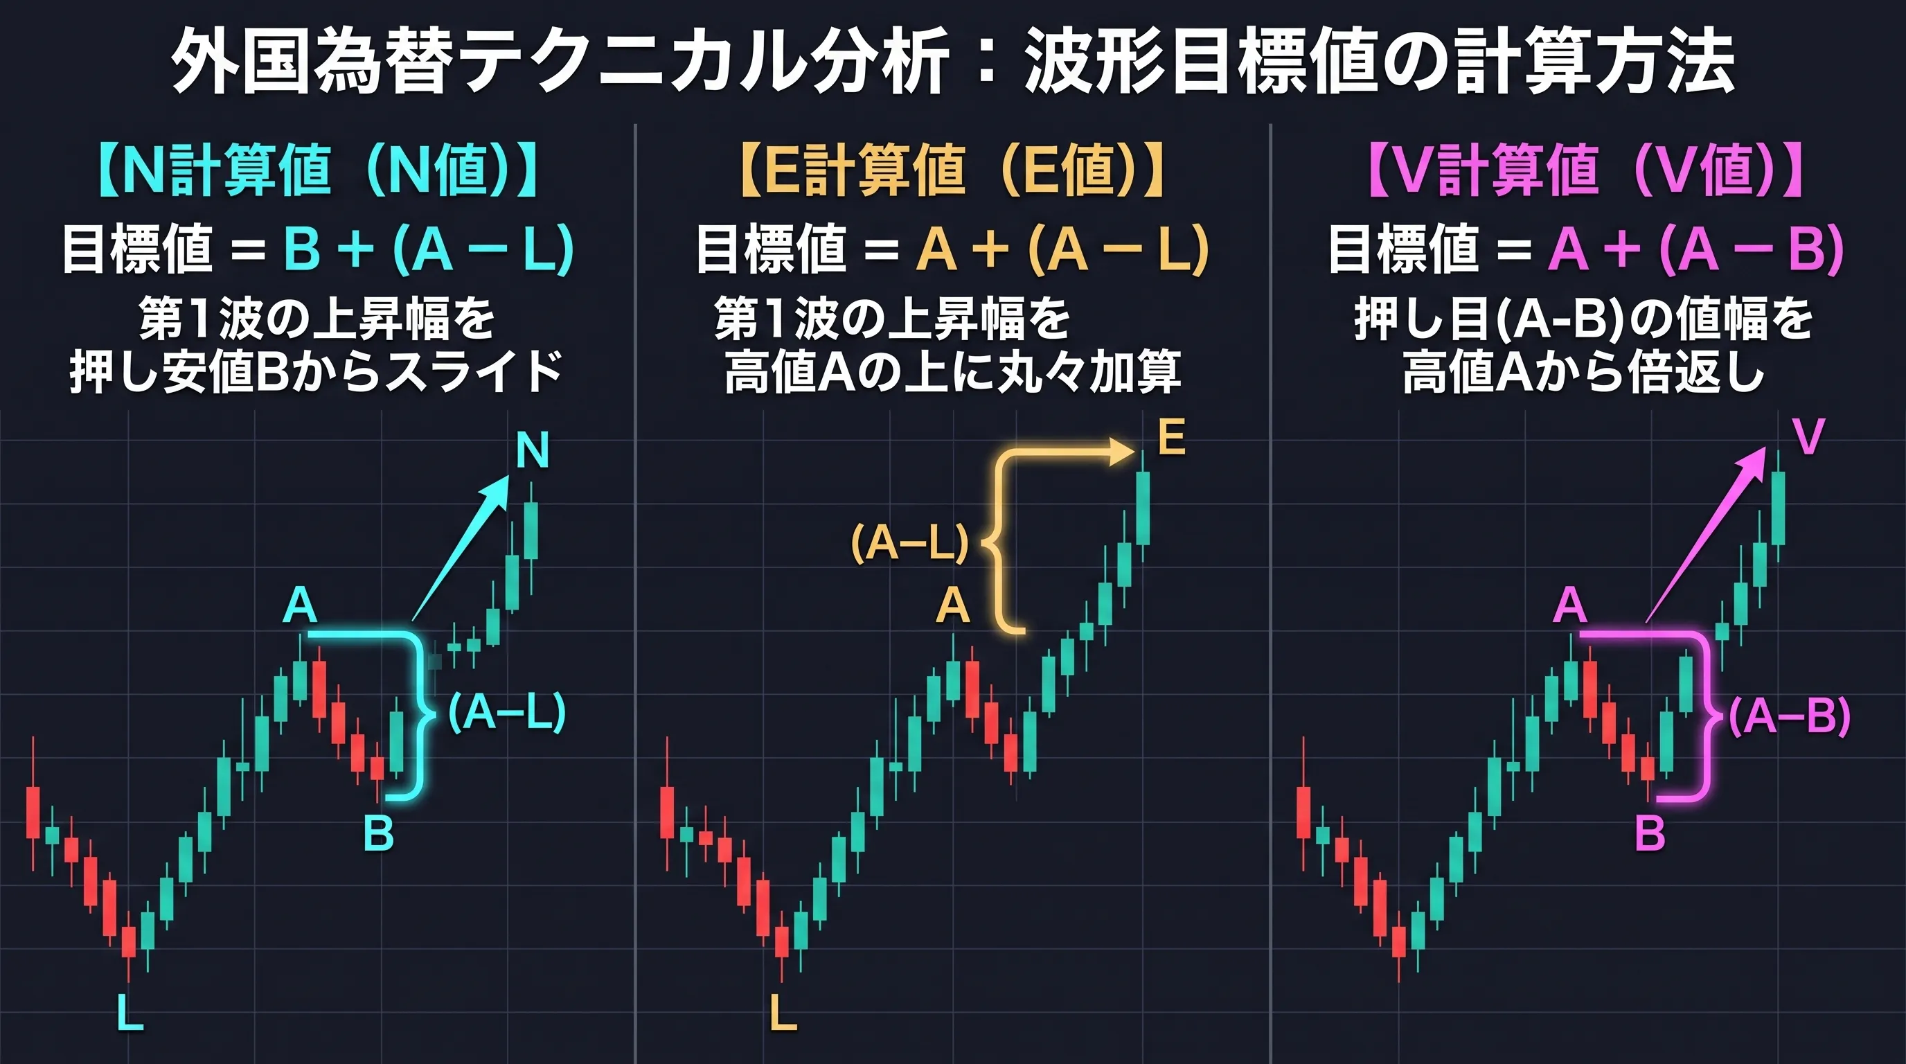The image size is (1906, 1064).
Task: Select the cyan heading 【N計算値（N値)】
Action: coord(317,170)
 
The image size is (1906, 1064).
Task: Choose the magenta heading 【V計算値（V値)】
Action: coord(1585,170)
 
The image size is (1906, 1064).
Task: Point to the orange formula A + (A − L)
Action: coord(1062,249)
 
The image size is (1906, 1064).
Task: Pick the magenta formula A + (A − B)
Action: coord(1696,249)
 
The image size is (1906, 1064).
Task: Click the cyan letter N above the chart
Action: coord(533,450)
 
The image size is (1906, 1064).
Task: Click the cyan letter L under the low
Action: coord(130,1012)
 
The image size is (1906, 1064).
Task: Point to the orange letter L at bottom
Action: coord(783,1012)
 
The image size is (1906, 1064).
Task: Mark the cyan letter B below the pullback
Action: coord(378,833)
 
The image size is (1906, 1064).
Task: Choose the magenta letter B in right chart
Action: coord(1649,833)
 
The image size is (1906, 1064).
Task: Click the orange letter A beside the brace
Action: coord(952,606)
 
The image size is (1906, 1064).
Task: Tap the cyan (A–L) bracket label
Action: coord(507,713)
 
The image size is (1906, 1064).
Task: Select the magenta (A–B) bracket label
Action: coord(1789,716)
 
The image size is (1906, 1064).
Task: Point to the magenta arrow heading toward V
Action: coord(1705,535)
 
